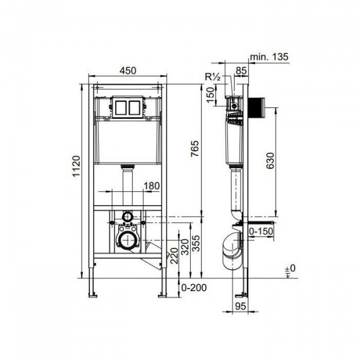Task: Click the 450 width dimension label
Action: [128, 71]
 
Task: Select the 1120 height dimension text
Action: [76, 166]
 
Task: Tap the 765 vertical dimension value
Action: [195, 149]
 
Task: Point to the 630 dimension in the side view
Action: [270, 160]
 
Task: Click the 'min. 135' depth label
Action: [269, 56]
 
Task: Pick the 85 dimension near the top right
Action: [241, 70]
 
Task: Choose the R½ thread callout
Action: [213, 77]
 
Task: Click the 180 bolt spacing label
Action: [152, 186]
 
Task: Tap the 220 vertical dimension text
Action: [174, 256]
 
